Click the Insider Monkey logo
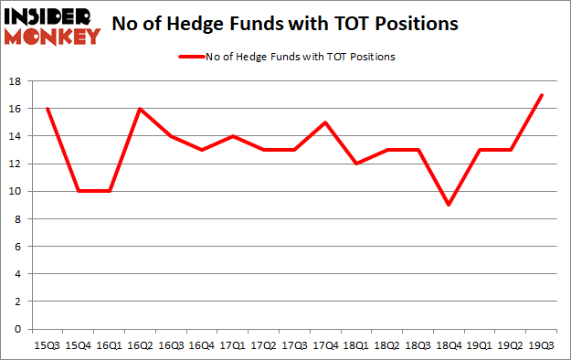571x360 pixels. [51, 26]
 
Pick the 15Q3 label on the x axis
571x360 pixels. [47, 345]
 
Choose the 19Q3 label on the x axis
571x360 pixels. [542, 345]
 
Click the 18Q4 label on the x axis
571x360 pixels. [449, 345]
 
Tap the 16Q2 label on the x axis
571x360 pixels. [140, 345]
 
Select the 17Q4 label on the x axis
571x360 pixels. [325, 345]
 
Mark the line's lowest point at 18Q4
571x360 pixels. [449, 205]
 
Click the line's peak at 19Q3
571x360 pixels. [542, 95]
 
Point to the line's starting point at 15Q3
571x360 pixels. [47, 109]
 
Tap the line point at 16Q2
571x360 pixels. [140, 109]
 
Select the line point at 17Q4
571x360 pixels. [325, 122]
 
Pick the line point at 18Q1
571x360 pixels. [356, 164]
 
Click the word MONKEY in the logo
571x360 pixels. [51, 37]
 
